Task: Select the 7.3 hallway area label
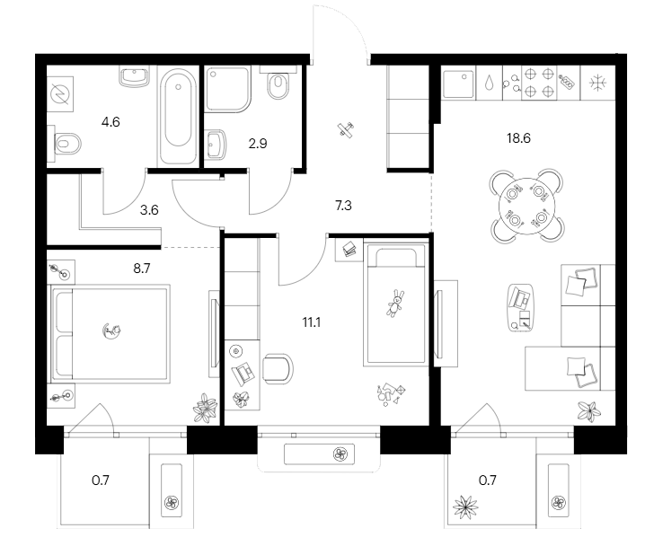coord(343,206)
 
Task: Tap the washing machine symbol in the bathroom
coord(61,92)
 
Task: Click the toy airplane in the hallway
coord(343,131)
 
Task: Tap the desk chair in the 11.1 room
coord(278,369)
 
